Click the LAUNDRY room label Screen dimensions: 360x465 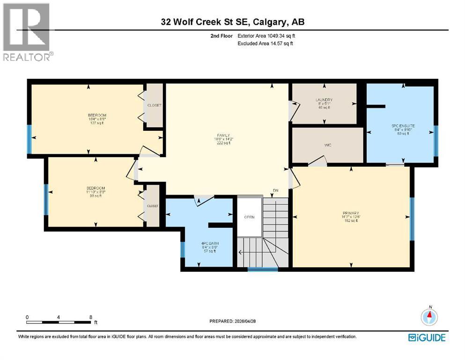click(x=324, y=100)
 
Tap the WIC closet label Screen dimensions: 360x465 click(x=327, y=145)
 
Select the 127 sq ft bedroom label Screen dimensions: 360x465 click(x=97, y=115)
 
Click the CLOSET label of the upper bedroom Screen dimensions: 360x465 click(x=154, y=105)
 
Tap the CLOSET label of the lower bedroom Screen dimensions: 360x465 click(x=153, y=206)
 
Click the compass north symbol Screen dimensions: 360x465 click(x=430, y=317)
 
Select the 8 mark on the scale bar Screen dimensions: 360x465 click(x=90, y=317)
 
